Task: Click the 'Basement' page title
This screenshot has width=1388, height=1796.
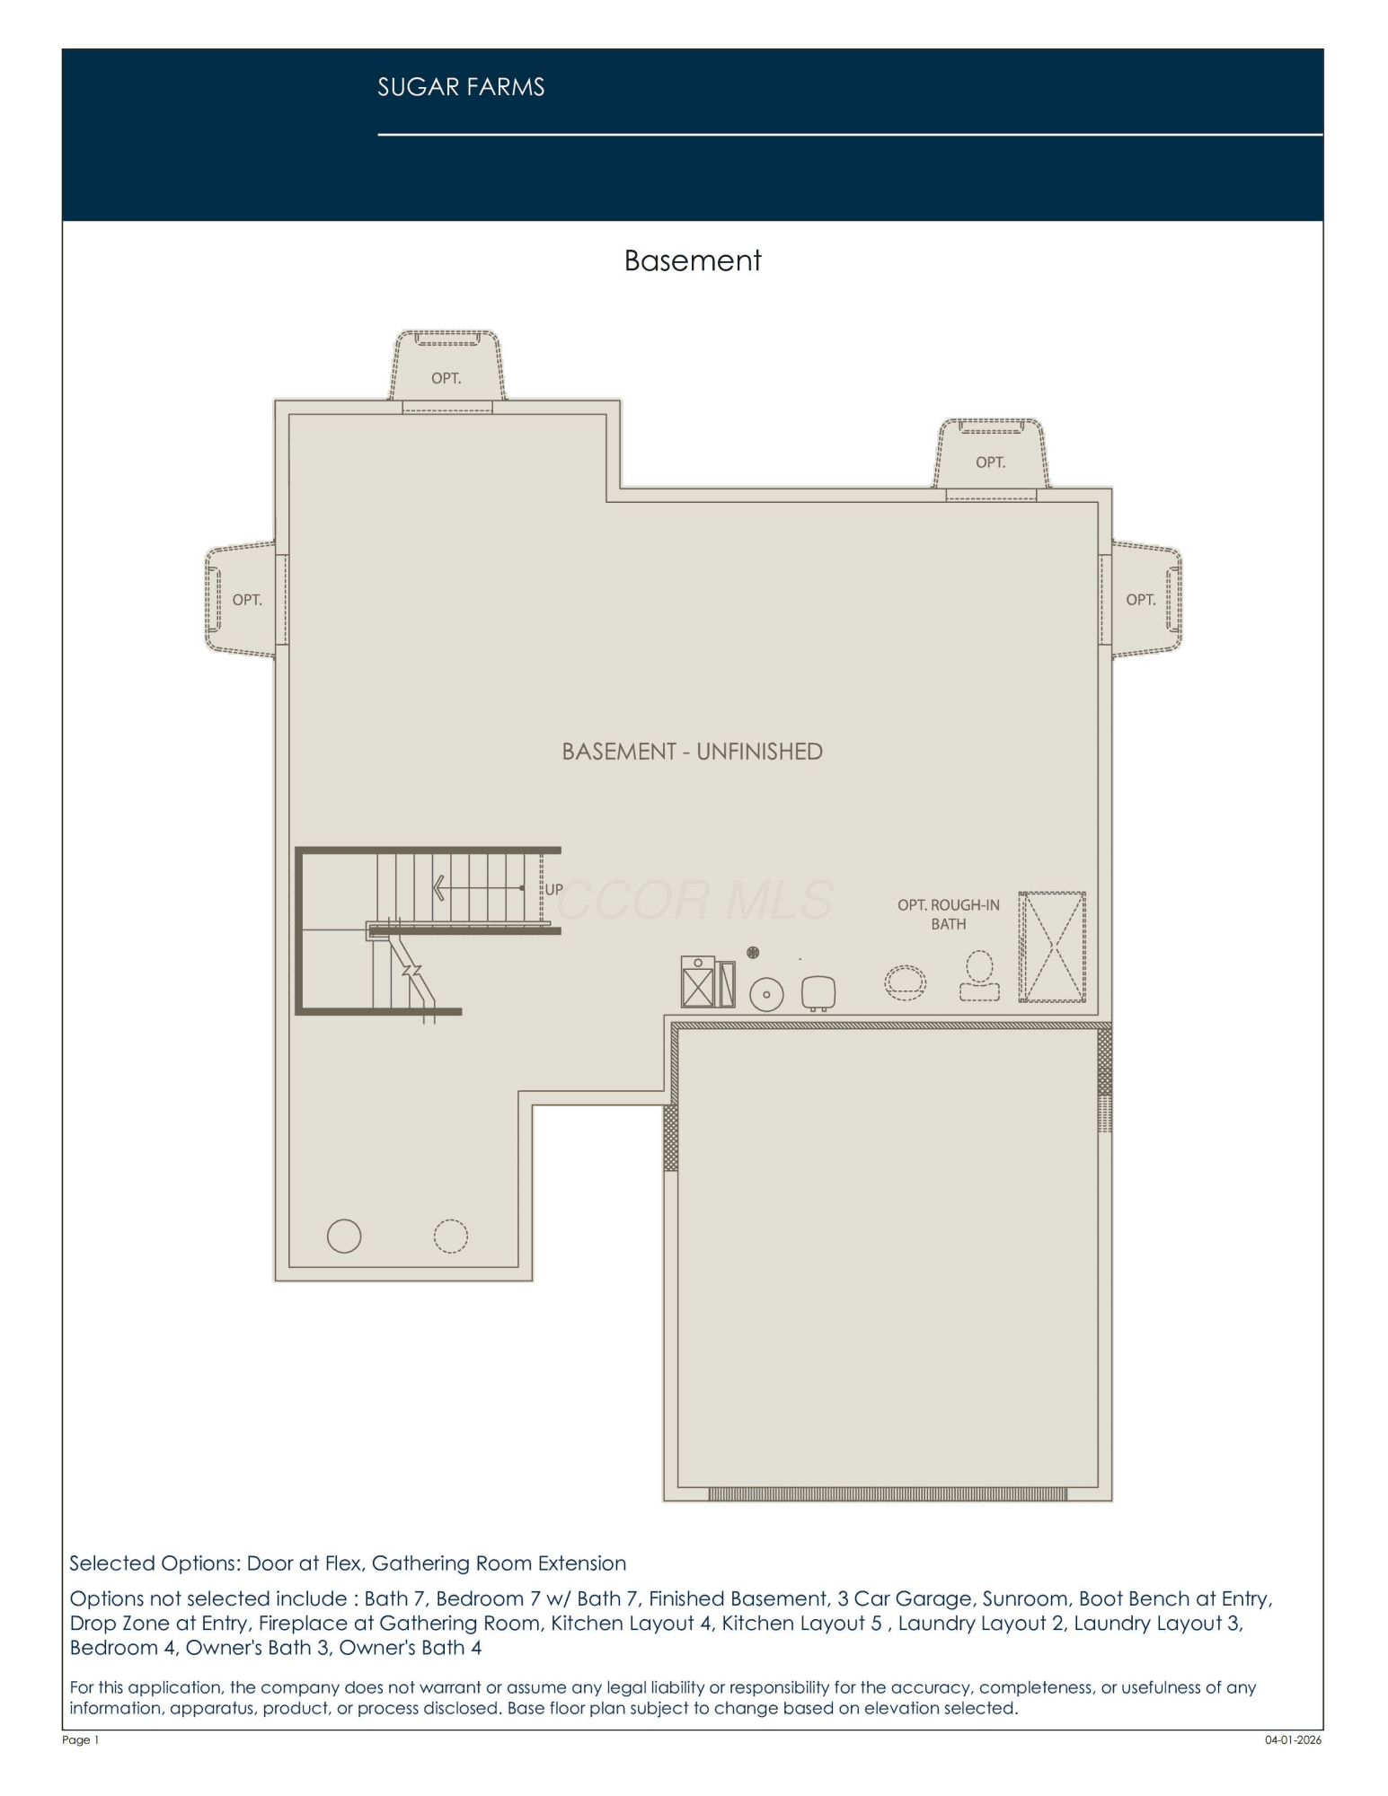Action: tap(693, 260)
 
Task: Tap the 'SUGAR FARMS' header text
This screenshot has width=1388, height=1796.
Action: tap(461, 87)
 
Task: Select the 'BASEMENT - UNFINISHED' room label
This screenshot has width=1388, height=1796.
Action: tap(692, 752)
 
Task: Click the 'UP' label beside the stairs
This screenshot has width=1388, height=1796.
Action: tap(554, 889)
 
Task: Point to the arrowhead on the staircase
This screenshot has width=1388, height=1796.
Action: tap(439, 888)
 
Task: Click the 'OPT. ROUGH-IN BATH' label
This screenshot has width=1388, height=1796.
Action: tap(949, 914)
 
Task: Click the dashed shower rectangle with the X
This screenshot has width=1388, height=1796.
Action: tap(1052, 946)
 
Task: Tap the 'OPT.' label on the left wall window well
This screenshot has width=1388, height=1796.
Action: tap(247, 600)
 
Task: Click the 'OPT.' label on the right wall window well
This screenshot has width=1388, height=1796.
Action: tap(1141, 600)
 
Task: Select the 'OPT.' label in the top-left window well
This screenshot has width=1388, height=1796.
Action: tap(446, 379)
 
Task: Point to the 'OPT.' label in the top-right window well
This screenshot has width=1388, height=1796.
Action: tap(990, 462)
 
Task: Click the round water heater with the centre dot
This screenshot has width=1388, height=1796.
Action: tap(766, 994)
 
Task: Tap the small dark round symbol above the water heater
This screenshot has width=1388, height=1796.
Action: tap(753, 952)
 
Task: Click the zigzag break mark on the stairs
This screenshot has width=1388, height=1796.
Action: tap(411, 971)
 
